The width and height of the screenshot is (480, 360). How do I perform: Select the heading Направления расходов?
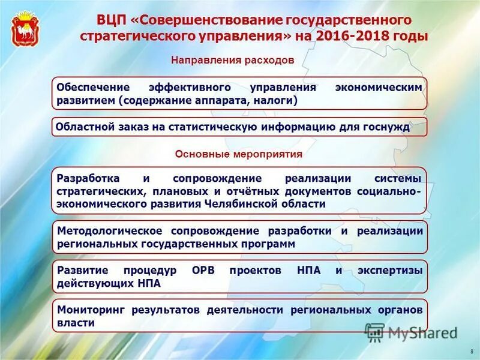tap(233, 61)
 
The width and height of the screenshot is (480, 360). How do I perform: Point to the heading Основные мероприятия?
tap(239, 154)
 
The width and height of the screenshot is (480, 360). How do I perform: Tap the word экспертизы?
tap(391, 271)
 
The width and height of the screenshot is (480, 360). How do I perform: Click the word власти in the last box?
tap(76, 323)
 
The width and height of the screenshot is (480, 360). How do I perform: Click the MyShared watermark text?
tap(420, 332)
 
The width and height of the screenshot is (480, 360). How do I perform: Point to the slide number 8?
tap(472, 350)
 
